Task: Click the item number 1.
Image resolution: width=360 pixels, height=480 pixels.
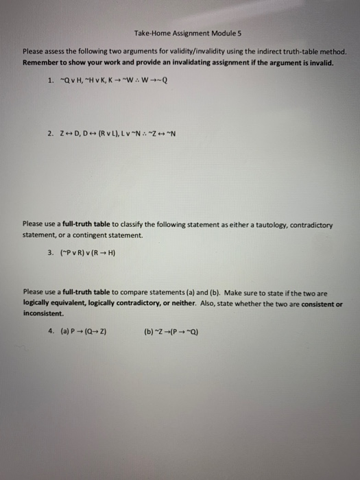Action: [51, 79]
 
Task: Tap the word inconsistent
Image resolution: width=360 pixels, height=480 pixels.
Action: [43, 313]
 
